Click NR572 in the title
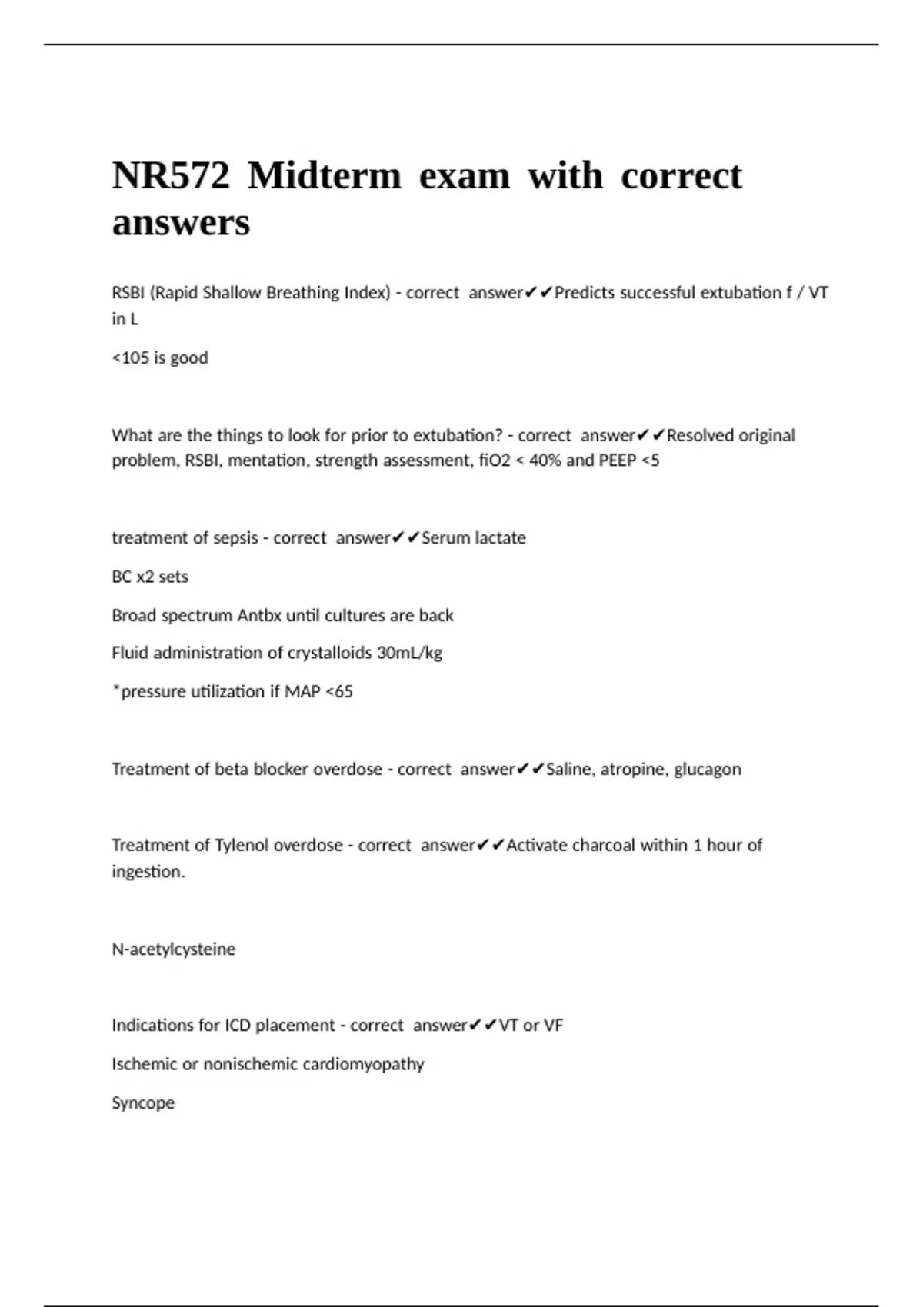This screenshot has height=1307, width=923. pyautogui.click(x=171, y=175)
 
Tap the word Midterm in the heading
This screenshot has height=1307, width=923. pyautogui.click(x=324, y=175)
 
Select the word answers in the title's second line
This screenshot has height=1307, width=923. pyautogui.click(x=181, y=223)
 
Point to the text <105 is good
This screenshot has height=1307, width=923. pyautogui.click(x=160, y=358)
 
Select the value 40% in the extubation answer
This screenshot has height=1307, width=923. pyautogui.click(x=545, y=461)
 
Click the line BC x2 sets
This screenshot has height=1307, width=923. pyautogui.click(x=150, y=577)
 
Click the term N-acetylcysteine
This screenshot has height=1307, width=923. pyautogui.click(x=174, y=949)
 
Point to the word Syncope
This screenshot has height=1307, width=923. pyautogui.click(x=143, y=1102)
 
